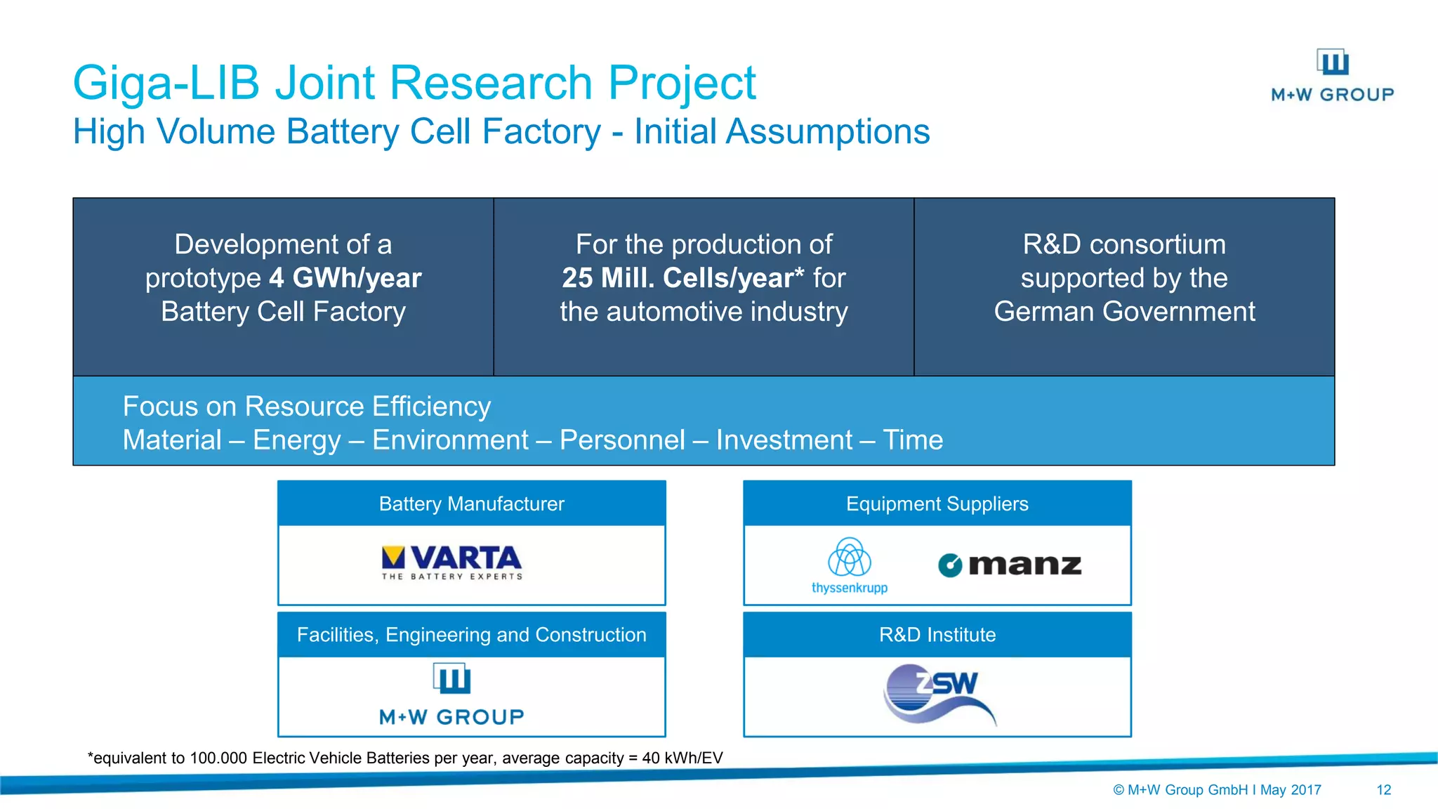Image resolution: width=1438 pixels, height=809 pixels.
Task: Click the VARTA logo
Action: [x=451, y=562]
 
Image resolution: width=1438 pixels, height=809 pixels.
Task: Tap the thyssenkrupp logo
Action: [x=850, y=565]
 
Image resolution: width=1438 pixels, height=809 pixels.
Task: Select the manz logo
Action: [x=1010, y=565]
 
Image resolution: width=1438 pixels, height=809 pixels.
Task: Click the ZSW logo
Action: [x=938, y=694]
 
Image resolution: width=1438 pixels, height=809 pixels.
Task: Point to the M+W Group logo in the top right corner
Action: [x=1332, y=76]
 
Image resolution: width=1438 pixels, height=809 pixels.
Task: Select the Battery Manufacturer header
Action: [x=471, y=504]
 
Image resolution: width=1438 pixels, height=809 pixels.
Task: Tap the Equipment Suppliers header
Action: [x=937, y=504]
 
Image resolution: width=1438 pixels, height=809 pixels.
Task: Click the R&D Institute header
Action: [x=937, y=635]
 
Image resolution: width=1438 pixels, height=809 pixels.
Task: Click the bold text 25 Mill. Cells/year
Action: [x=678, y=278]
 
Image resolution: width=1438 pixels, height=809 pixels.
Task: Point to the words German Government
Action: [x=1123, y=312]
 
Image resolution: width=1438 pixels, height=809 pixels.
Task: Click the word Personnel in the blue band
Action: [x=621, y=440]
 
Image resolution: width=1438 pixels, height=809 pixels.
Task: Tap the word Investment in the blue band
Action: [x=784, y=440]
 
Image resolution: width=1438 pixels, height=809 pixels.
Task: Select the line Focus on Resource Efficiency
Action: [x=306, y=407]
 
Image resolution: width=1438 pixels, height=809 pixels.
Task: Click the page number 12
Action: [x=1383, y=790]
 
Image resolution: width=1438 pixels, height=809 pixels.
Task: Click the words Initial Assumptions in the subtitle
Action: [x=781, y=132]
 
